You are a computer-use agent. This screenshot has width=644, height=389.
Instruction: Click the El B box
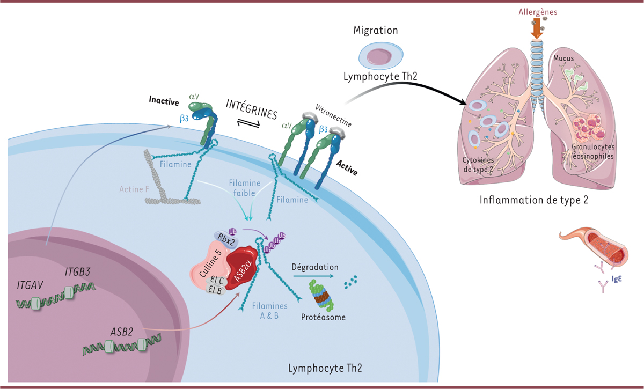click(x=216, y=289)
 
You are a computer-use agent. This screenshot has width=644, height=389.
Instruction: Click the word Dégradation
click(x=315, y=266)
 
